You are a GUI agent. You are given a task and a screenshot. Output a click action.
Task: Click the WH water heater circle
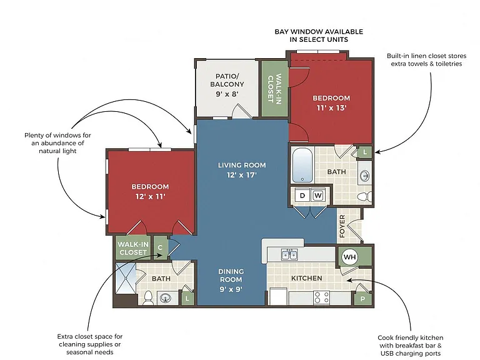pos(349,256)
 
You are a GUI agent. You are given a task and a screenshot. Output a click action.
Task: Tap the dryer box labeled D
pos(302,195)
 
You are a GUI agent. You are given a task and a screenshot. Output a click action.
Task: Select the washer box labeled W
pos(318,195)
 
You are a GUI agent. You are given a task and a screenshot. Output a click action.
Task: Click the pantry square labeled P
pos(362,299)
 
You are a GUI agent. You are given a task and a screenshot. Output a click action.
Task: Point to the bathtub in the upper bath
pos(302,165)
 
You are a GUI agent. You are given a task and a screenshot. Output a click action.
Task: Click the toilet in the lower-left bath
pos(148,298)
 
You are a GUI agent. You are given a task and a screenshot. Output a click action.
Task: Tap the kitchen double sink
pos(289,254)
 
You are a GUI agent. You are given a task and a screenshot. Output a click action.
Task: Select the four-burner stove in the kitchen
pos(322,297)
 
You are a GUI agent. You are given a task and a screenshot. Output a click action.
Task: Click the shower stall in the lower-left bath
pos(126,279)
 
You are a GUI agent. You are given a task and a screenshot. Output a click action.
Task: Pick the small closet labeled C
pos(160,247)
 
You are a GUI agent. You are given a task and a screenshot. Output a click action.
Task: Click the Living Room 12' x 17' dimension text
pos(242,175)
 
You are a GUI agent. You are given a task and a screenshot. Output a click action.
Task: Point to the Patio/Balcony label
pos(227,80)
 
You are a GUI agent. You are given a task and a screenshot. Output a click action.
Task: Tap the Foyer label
pos(342,226)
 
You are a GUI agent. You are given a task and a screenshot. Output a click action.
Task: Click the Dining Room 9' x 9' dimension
pos(231,289)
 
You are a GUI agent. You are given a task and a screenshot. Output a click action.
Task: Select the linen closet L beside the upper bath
pos(365,152)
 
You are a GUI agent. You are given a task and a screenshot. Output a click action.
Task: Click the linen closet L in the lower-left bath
pos(187,299)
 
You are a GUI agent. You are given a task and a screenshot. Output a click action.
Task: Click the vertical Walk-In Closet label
pos(274,89)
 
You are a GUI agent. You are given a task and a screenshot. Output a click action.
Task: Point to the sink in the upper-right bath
pos(364,176)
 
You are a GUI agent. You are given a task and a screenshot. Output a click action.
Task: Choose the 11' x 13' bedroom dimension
pos(331,107)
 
